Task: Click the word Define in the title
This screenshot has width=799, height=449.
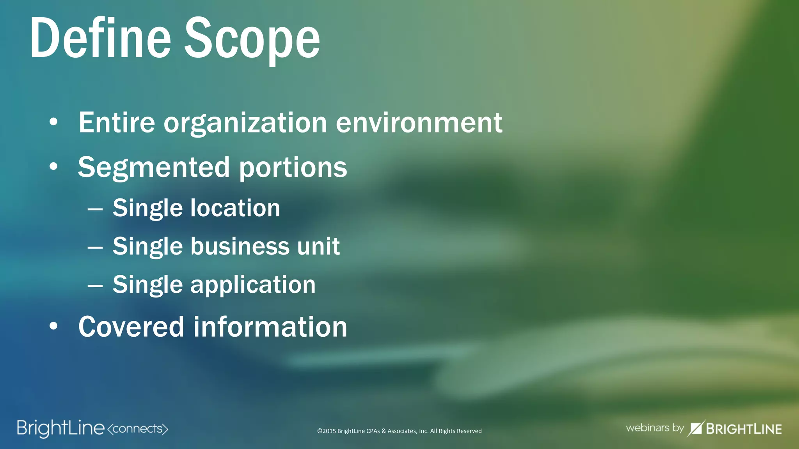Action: (100, 38)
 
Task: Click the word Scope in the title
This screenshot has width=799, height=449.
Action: (252, 39)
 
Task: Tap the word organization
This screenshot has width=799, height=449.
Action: (245, 124)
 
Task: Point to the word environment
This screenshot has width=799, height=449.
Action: (419, 123)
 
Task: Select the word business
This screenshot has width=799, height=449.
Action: (240, 246)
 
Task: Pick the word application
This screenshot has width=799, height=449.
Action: (253, 285)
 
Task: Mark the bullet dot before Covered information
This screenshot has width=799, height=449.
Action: (53, 327)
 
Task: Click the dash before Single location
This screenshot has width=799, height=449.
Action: (95, 209)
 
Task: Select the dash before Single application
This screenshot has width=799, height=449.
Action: (95, 286)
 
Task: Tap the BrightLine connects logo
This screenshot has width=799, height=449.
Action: (92, 428)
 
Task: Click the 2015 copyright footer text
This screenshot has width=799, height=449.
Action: (399, 431)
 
